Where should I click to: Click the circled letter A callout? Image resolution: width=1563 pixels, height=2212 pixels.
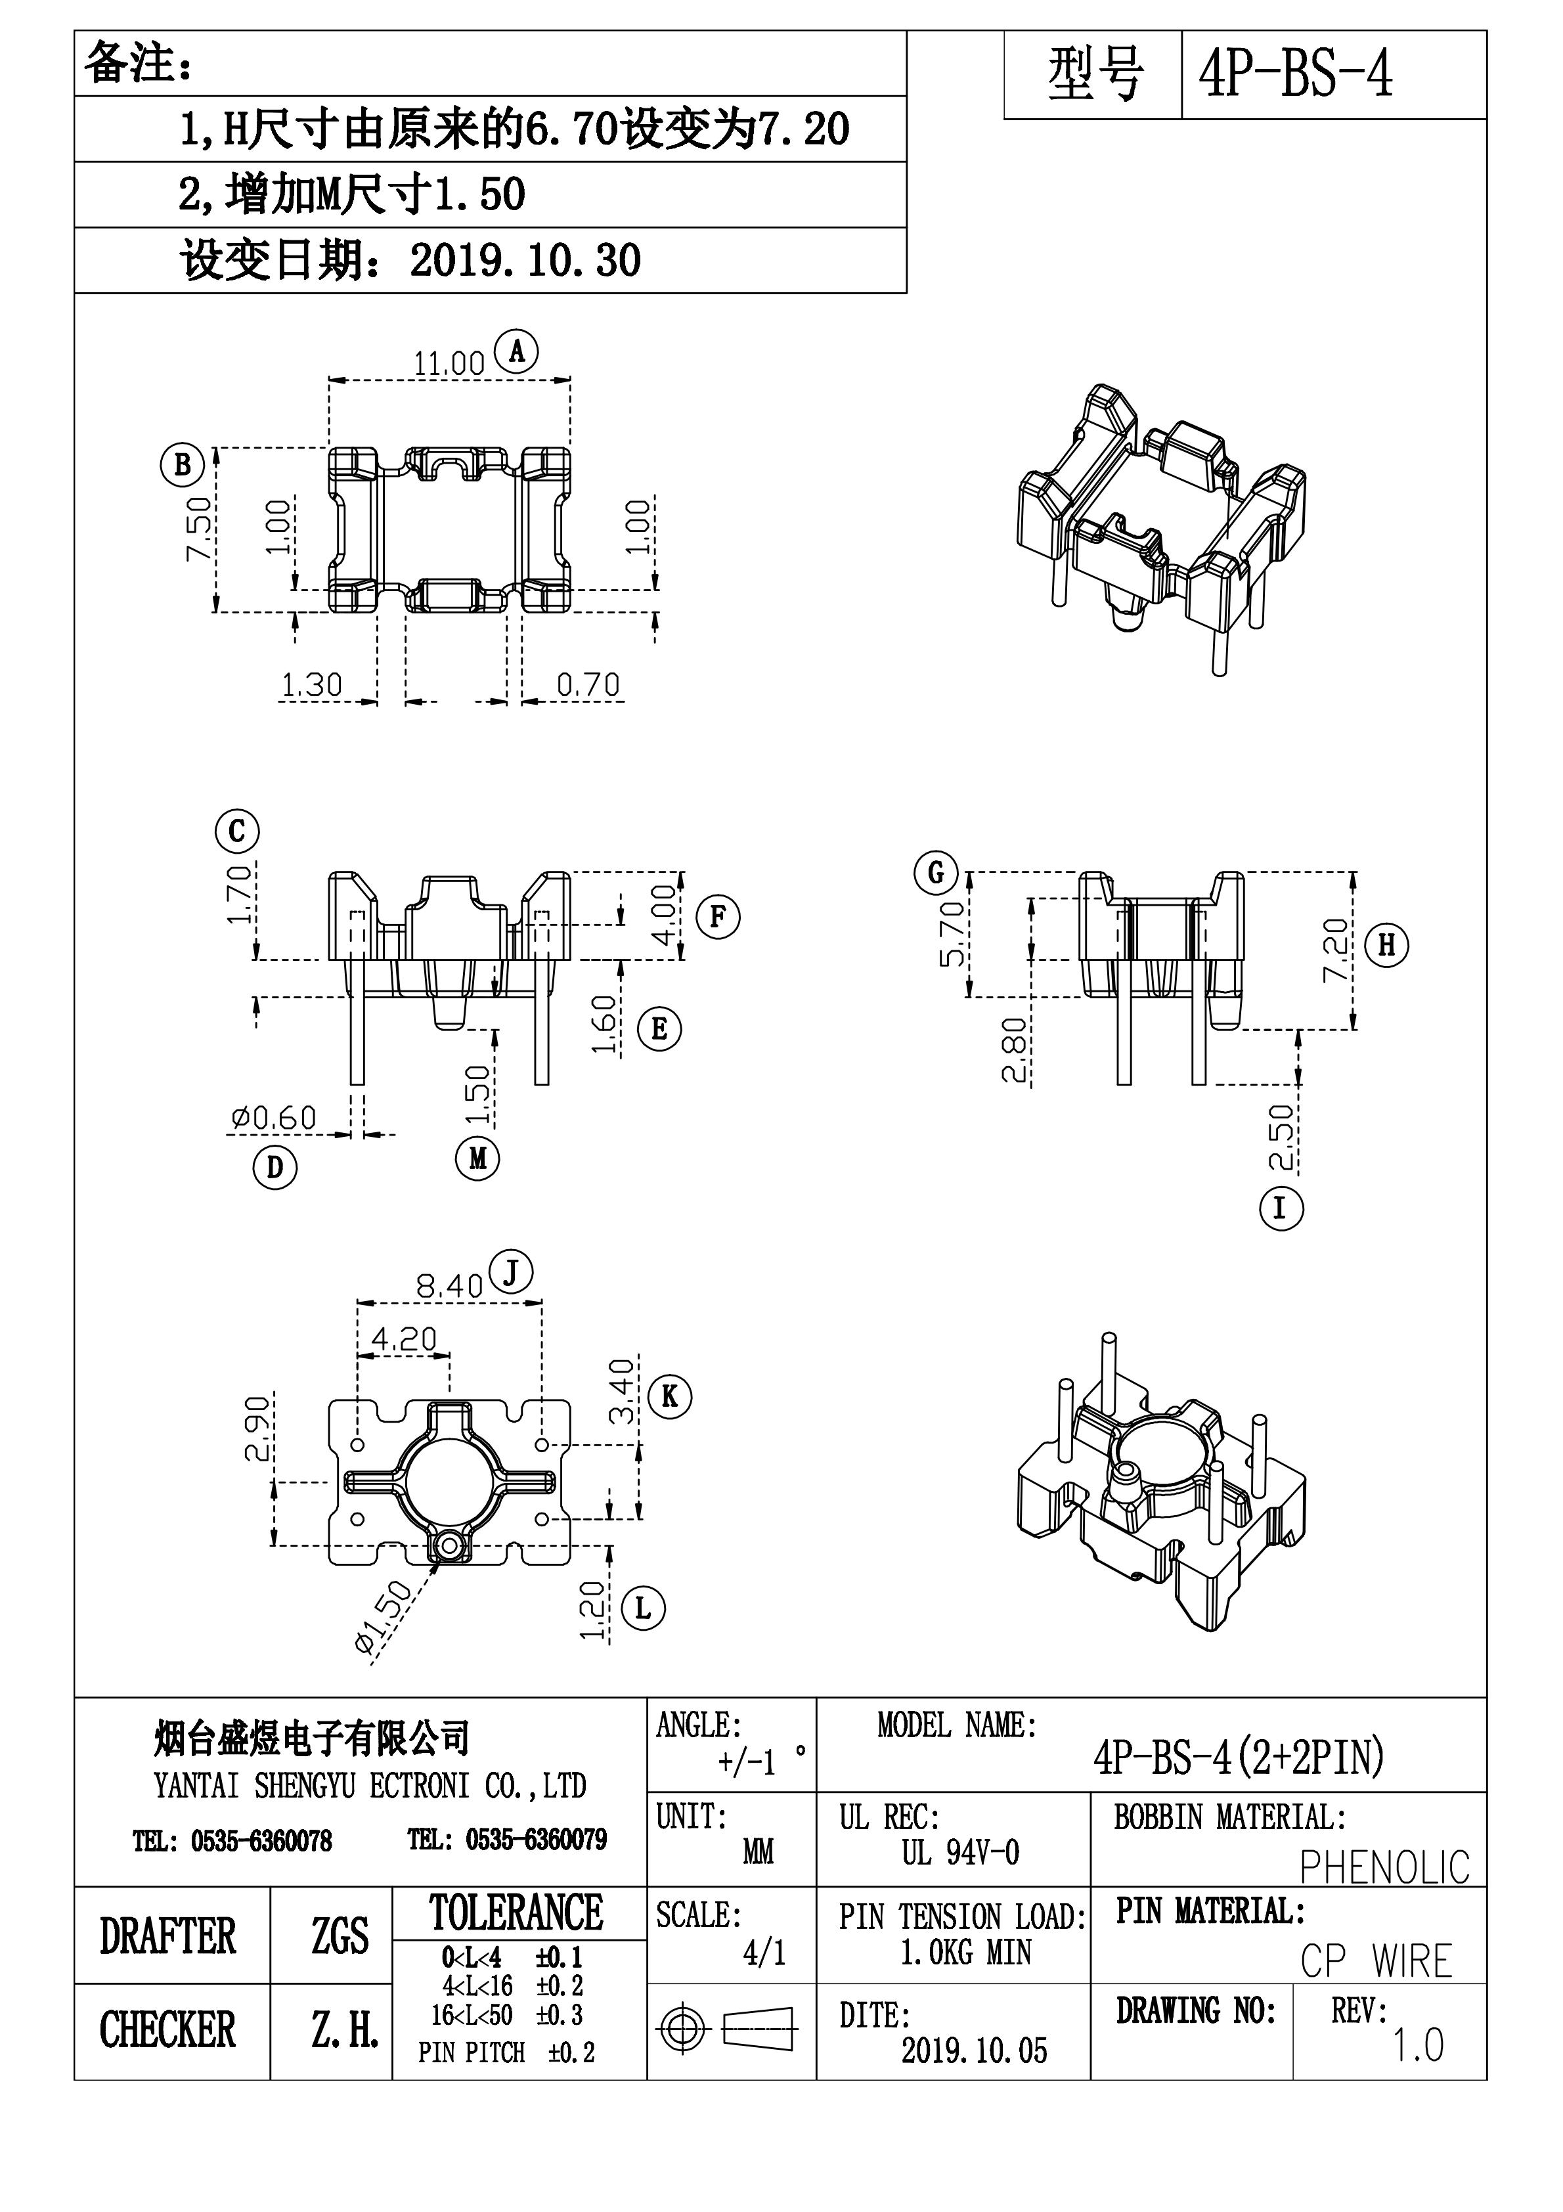tap(516, 351)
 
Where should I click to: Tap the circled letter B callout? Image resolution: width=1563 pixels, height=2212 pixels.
tap(182, 466)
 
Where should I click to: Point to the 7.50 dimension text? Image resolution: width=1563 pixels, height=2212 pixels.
tap(198, 529)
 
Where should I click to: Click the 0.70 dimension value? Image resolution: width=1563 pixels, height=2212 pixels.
tap(588, 685)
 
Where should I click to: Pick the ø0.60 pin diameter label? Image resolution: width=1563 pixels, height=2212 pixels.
tap(274, 1118)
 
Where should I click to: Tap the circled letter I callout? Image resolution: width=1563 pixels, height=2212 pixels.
tap(1281, 1208)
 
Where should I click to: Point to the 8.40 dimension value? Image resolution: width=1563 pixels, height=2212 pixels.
tap(449, 1286)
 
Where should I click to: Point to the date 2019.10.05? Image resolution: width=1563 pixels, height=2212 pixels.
tap(973, 2051)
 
